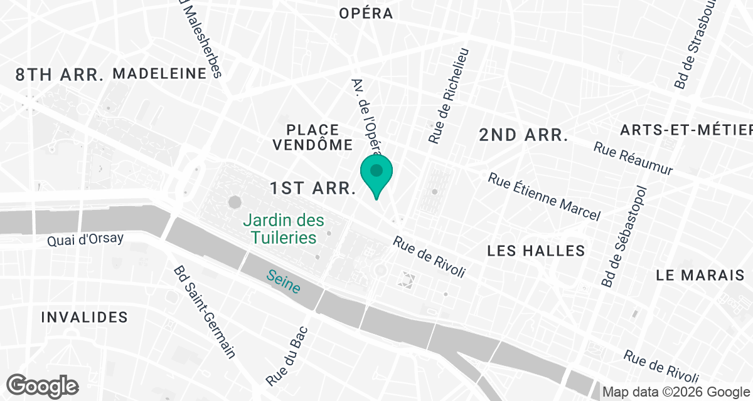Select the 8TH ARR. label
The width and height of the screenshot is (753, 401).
click(x=60, y=75)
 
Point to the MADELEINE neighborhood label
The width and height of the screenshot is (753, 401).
click(x=159, y=74)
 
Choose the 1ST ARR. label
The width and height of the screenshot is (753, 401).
click(x=313, y=188)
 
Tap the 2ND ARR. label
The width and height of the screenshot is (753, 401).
click(x=523, y=135)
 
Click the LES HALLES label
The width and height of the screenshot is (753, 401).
click(x=536, y=251)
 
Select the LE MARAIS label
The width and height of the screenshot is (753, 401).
click(x=700, y=275)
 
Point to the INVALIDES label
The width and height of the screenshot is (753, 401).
click(x=84, y=317)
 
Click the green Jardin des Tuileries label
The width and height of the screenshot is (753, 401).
click(x=284, y=229)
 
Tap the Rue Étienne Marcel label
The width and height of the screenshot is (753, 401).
click(x=544, y=197)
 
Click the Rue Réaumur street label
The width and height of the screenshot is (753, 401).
click(x=633, y=160)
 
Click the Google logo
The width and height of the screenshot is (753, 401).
click(x=43, y=385)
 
